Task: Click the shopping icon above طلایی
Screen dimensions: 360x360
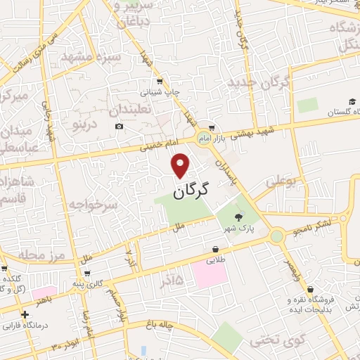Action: (x=214, y=249)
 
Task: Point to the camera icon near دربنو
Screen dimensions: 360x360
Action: (x=120, y=126)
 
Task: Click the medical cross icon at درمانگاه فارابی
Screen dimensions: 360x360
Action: (x=25, y=314)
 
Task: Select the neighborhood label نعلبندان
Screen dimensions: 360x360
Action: (x=136, y=109)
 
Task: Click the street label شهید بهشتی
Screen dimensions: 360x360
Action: (x=256, y=127)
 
